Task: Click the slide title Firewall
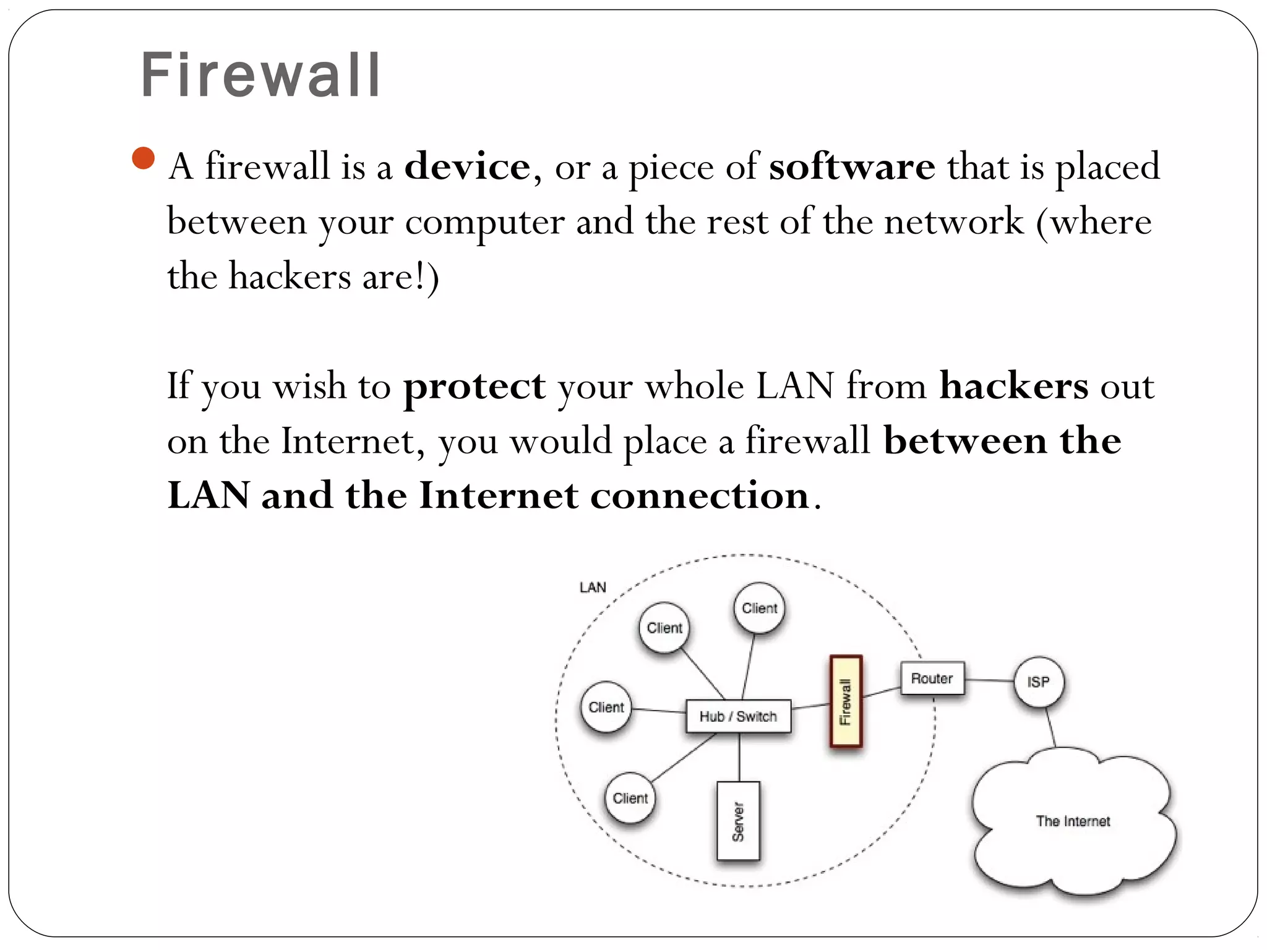coord(260,75)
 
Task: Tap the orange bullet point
coord(143,158)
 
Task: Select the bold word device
coord(467,167)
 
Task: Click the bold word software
coord(852,167)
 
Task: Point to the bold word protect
coord(475,387)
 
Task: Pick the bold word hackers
coord(1013,386)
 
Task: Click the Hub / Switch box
coord(738,716)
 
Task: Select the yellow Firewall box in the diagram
coord(846,701)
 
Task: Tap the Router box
coord(932,678)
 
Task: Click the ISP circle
coord(1039,682)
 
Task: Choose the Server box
coord(738,821)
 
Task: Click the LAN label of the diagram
coord(593,587)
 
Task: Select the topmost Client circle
coord(759,608)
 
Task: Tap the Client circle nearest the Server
coord(630,798)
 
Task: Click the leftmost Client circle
coord(606,707)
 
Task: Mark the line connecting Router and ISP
coord(989,680)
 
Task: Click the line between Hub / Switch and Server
coord(739,757)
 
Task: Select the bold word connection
coord(700,496)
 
